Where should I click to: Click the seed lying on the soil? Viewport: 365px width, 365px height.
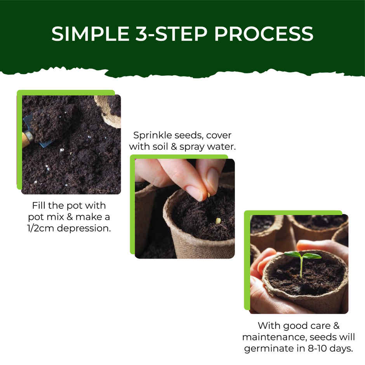tap(218, 221)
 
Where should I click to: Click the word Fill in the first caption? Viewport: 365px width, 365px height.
tap(40, 205)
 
